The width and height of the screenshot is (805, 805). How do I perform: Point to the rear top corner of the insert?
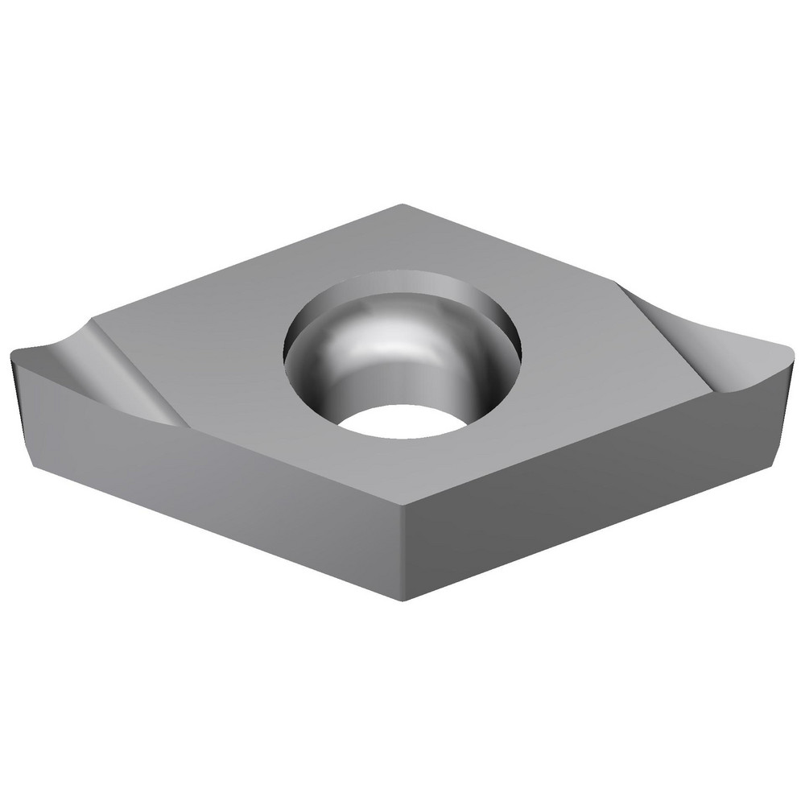400,206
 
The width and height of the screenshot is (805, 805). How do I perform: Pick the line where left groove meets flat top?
133,370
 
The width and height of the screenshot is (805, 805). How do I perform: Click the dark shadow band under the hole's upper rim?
402,282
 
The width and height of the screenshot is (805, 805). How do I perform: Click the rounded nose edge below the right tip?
785,402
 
